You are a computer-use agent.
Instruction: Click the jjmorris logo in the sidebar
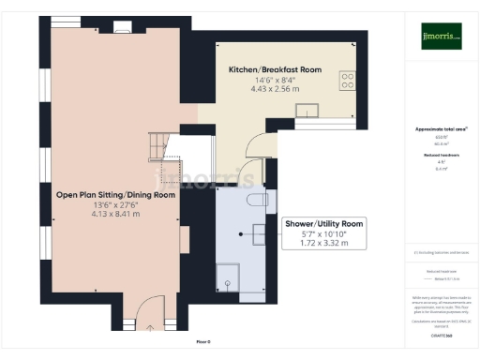pyautogui.click(x=441, y=36)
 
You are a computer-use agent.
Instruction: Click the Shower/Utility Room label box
pyautogui.click(x=323, y=232)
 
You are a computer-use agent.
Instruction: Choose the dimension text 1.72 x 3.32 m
pyautogui.click(x=323, y=243)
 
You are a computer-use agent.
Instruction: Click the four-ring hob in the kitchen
pyautogui.click(x=346, y=81)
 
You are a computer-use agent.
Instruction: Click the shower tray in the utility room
pyautogui.click(x=228, y=276)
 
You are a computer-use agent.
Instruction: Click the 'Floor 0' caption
pyautogui.click(x=202, y=342)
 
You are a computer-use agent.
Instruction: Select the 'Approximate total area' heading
pyautogui.click(x=441, y=128)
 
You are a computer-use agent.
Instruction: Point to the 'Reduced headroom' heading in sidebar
pyautogui.click(x=441, y=154)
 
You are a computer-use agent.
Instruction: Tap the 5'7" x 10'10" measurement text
pyautogui.click(x=323, y=233)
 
